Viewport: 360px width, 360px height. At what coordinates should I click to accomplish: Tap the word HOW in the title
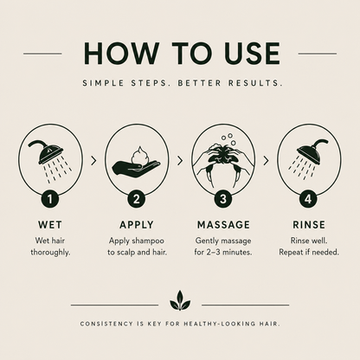(121, 54)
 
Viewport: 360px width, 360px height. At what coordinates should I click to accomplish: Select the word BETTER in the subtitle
(199, 83)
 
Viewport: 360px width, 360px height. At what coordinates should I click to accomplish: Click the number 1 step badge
(50, 199)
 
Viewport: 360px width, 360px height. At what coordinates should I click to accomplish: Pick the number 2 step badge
(137, 199)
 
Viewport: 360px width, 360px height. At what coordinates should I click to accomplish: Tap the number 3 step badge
(223, 199)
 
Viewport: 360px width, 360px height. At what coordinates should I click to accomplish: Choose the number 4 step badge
(308, 199)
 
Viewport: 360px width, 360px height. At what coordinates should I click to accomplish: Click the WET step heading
(50, 225)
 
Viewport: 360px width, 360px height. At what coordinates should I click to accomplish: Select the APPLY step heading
(137, 225)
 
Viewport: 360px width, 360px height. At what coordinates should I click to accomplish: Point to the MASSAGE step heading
(223, 225)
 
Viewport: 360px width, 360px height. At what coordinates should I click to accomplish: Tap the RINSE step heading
(309, 225)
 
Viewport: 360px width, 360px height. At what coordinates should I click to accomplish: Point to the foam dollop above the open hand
(140, 157)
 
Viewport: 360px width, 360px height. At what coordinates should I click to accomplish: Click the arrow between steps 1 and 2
(93, 161)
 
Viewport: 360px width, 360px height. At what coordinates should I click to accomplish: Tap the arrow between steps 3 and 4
(266, 161)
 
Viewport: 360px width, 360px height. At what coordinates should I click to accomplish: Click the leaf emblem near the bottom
(180, 300)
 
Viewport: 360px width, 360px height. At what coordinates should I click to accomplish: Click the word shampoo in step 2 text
(148, 241)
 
